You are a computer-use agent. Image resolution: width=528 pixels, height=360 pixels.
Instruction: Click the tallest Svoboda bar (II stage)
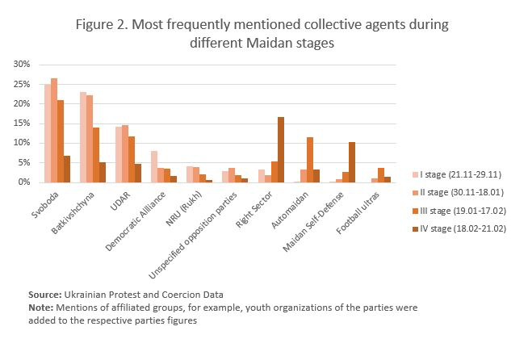[x=54, y=131]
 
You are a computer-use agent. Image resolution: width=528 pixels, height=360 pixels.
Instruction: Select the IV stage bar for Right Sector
[x=280, y=150]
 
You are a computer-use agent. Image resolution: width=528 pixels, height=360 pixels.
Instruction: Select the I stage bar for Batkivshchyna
[x=83, y=137]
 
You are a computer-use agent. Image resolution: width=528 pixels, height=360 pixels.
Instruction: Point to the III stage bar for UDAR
[x=131, y=159]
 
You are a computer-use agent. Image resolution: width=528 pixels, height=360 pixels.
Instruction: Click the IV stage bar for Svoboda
[x=67, y=169]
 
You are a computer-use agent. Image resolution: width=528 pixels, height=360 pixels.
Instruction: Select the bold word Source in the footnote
[x=45, y=295]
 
